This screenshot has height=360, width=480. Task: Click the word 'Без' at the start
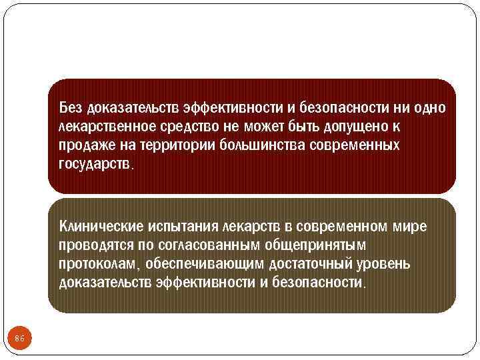[71, 107]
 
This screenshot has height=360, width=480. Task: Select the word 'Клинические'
[99, 226]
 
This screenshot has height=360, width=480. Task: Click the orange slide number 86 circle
[20, 339]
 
